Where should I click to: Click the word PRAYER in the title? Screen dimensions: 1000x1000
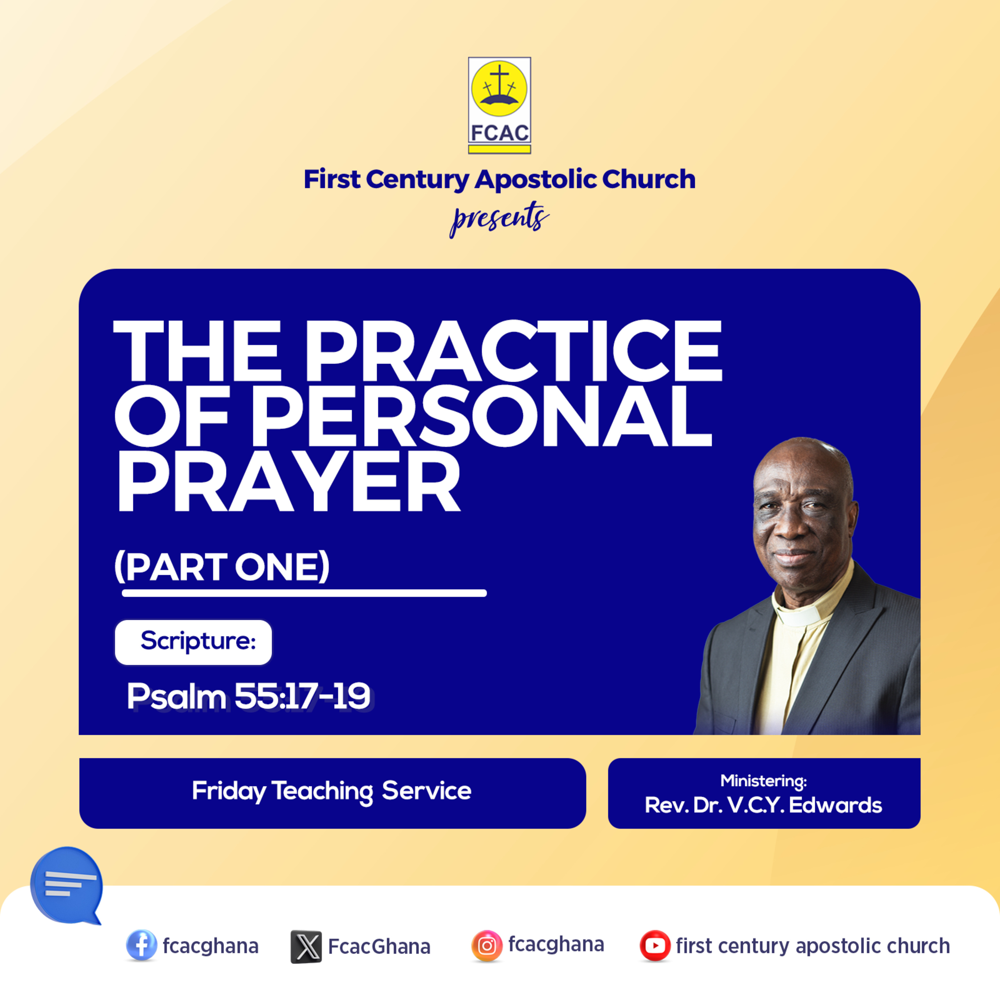pos(289,481)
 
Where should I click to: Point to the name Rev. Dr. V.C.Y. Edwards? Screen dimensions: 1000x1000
pos(763,805)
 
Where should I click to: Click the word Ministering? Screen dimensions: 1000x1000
pos(763,781)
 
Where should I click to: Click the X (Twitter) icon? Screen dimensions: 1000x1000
pos(306,947)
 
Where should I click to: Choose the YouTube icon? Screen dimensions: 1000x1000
pos(655,946)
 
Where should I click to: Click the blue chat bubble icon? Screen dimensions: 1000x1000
pos(66,885)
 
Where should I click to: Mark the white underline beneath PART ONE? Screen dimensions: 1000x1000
pos(304,593)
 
